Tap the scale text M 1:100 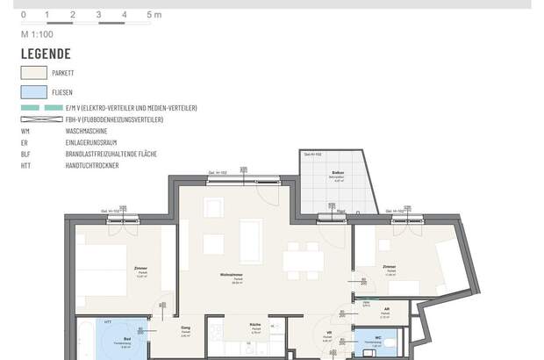click(38, 33)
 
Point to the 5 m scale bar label click(154, 15)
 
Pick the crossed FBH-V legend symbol click(41, 119)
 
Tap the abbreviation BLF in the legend click(26, 153)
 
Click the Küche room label click(257, 324)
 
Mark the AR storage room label click(386, 310)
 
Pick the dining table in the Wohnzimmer click(304, 262)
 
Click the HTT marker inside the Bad click(108, 321)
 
